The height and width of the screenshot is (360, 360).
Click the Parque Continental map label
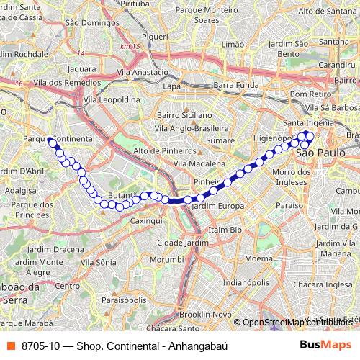point(59,138)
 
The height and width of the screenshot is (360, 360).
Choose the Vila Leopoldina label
point(112,100)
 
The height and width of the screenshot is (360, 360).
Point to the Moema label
point(258,257)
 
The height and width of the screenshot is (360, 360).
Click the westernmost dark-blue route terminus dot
point(52,142)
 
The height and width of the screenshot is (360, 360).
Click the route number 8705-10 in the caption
point(40,346)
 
